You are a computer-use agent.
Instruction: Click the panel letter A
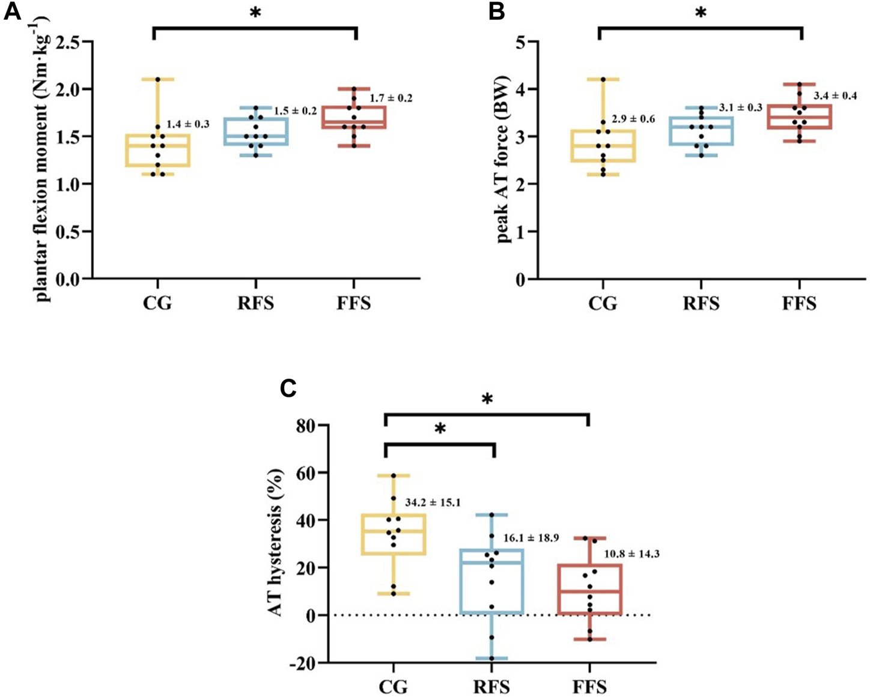click(x=13, y=11)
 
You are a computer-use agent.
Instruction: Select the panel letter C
click(x=290, y=388)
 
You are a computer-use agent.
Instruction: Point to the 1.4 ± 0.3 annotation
click(x=187, y=124)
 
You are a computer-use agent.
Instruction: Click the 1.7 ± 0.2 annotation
click(x=391, y=98)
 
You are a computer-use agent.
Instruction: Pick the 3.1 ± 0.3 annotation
click(x=740, y=107)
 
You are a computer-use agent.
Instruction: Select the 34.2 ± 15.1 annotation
click(x=433, y=502)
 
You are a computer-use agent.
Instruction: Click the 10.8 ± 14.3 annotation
click(x=631, y=554)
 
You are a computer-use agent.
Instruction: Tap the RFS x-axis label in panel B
click(x=701, y=303)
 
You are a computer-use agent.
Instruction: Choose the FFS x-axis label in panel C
click(x=589, y=686)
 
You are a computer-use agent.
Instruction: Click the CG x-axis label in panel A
click(x=157, y=303)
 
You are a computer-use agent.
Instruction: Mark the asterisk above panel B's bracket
click(x=701, y=13)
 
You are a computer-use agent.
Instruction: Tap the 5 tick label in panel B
click(x=520, y=42)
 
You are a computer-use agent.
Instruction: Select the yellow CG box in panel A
click(x=157, y=150)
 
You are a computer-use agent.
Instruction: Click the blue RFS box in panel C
click(x=493, y=581)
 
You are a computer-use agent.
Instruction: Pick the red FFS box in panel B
click(x=799, y=117)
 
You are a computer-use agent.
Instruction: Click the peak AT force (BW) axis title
click(x=503, y=159)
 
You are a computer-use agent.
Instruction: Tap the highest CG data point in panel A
click(x=157, y=79)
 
